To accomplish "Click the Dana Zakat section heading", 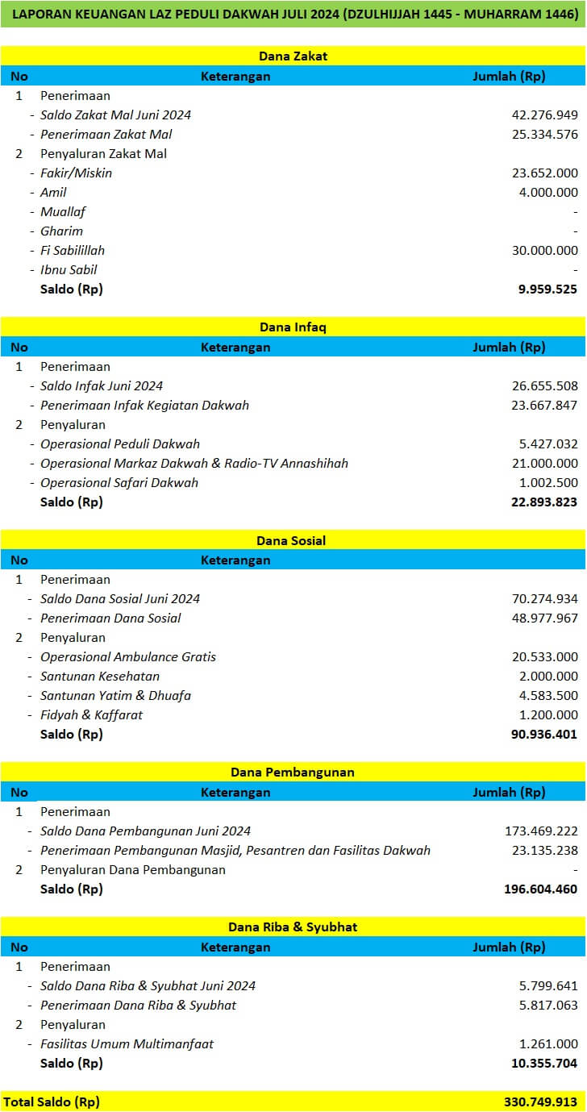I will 293,56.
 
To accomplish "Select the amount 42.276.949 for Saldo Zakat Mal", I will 544,115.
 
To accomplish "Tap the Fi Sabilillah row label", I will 73,251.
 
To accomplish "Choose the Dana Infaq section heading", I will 293,327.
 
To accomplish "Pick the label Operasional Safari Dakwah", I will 119,483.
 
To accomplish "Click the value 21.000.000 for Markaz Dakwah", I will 544,464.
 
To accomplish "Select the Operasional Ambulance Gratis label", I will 128,657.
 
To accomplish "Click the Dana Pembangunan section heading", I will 293,773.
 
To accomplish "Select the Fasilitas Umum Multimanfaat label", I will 127,1044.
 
